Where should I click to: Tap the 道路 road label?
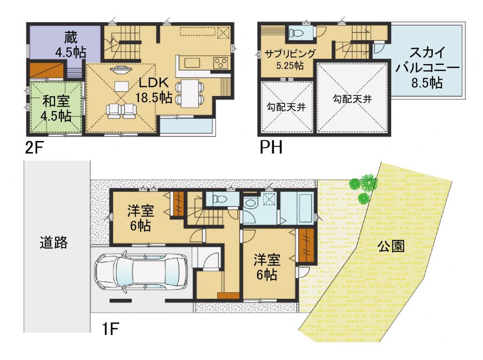coord(54,242)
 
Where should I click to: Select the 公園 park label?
coord(391,246)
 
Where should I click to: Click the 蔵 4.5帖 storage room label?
coord(71,45)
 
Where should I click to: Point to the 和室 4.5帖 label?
coord(57,109)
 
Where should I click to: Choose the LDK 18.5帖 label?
coord(154,90)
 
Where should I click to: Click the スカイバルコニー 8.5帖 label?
coord(427,68)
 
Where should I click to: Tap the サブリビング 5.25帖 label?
coord(290,59)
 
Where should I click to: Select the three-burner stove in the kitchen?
coord(221,63)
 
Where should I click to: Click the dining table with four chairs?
coord(189,93)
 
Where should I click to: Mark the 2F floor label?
coord(34,148)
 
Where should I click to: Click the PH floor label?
coord(271,147)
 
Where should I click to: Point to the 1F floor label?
coord(110,329)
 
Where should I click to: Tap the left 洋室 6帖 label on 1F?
coord(141,218)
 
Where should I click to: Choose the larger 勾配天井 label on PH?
coord(352,99)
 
